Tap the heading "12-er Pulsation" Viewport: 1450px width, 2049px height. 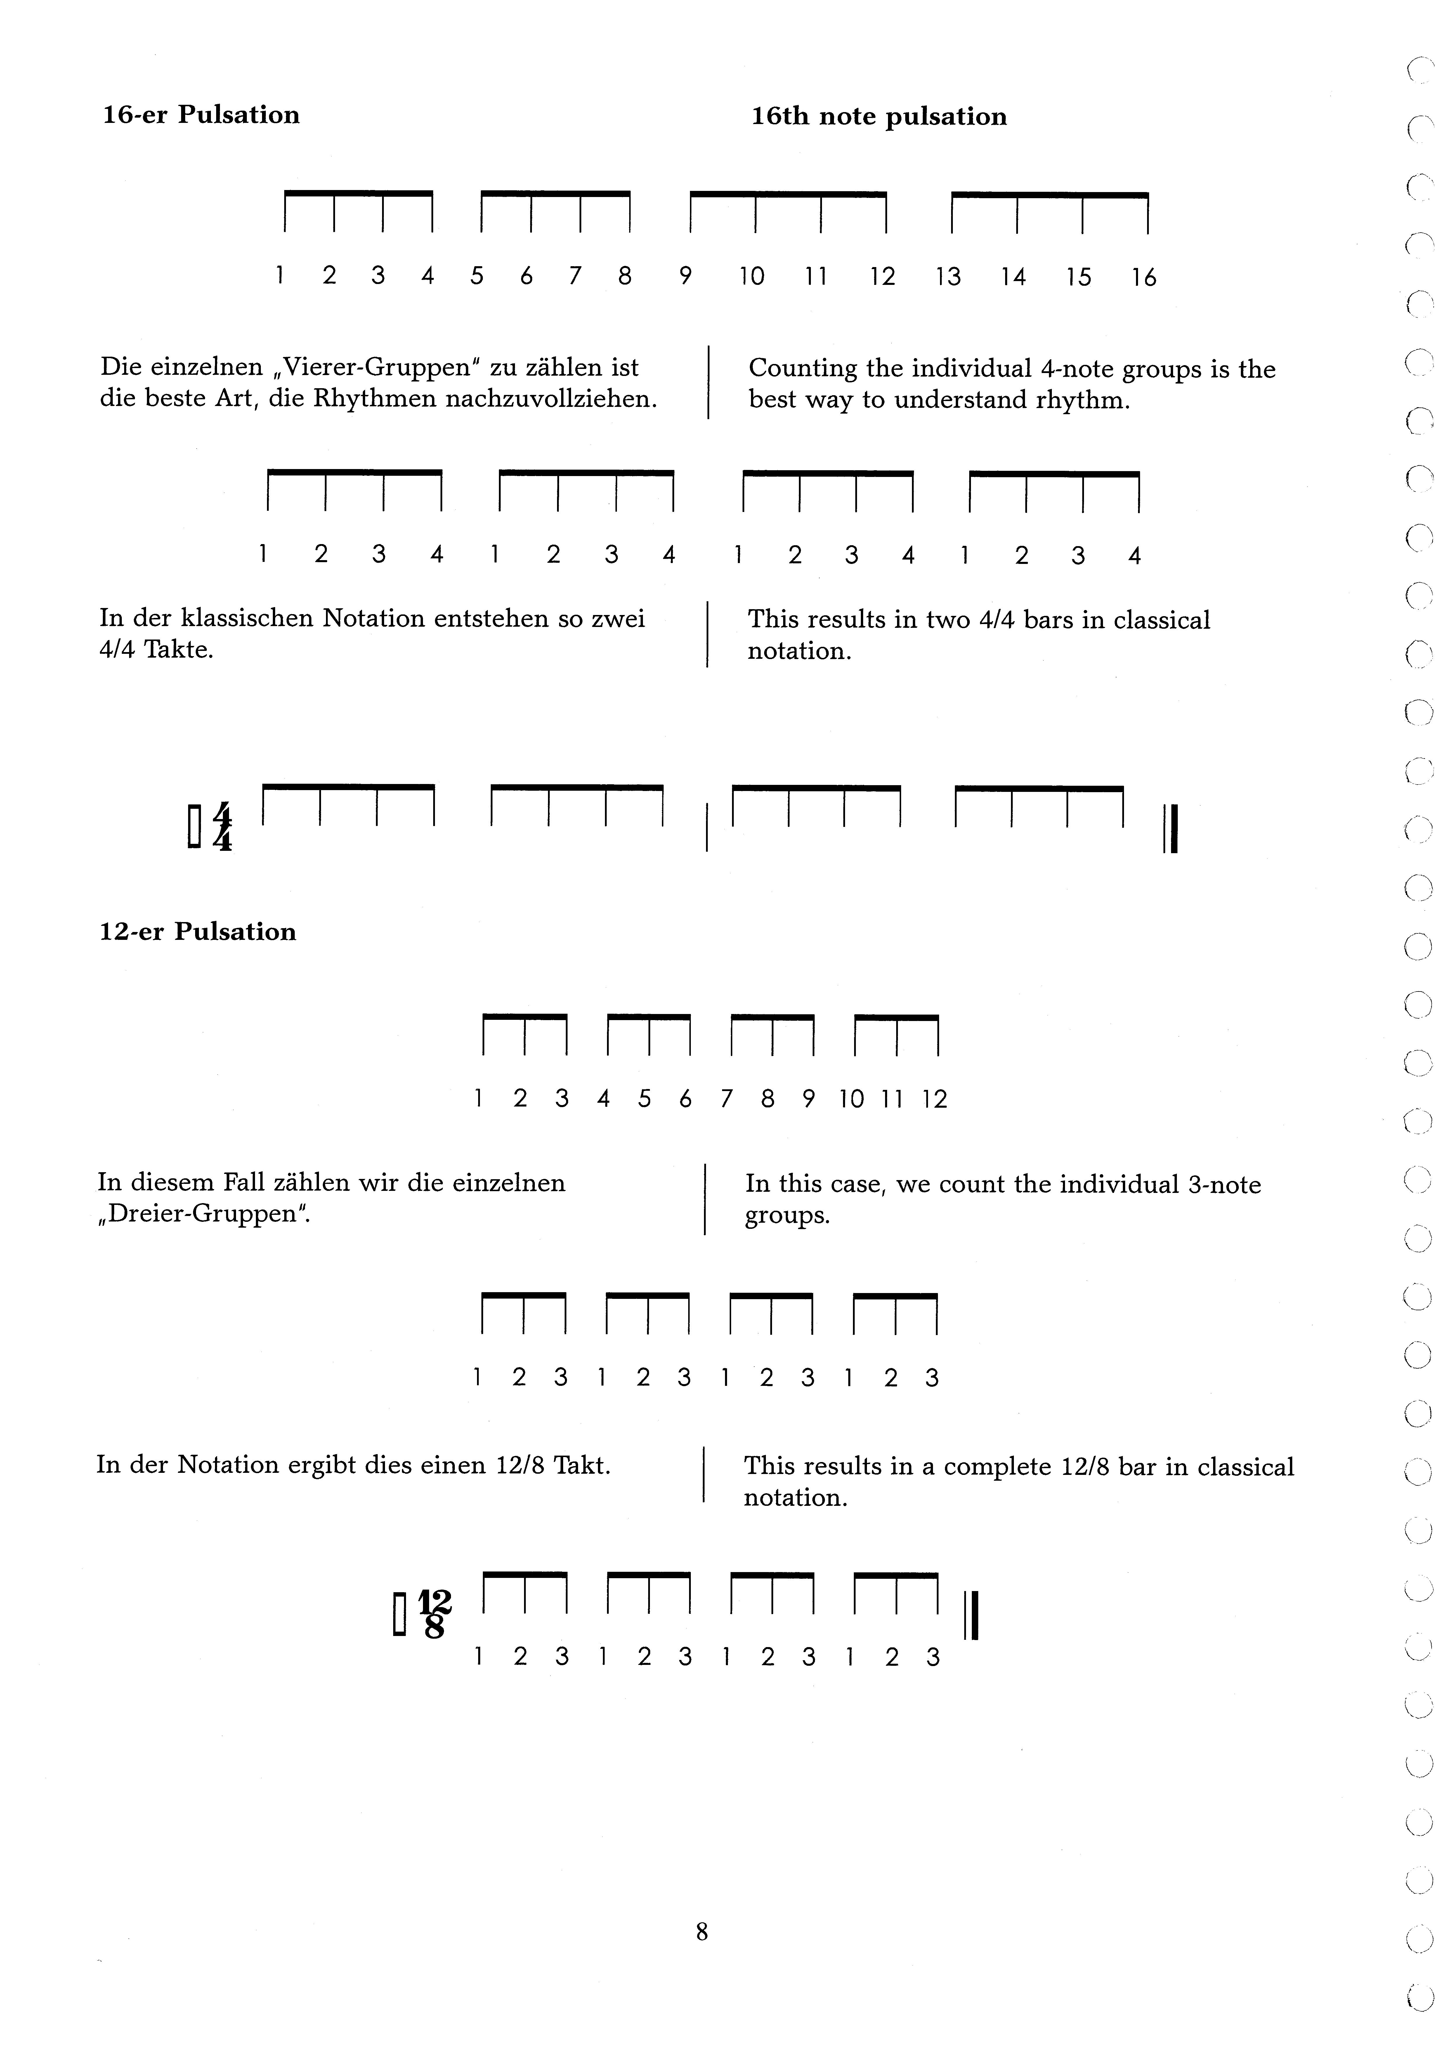[197, 932]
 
